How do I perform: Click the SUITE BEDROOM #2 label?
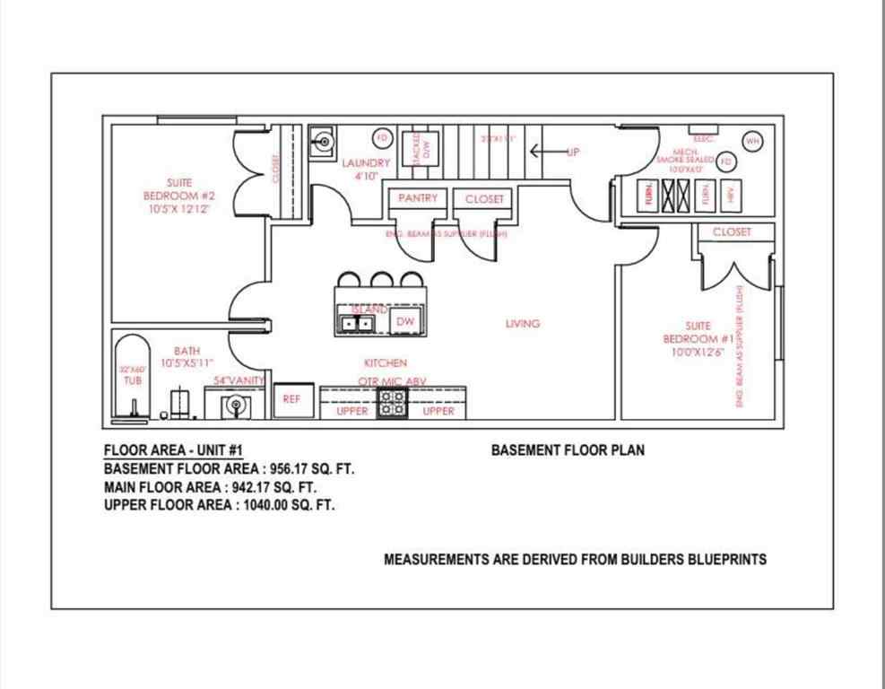coord(179,195)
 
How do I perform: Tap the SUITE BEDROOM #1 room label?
coord(698,338)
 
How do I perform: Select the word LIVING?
coord(522,323)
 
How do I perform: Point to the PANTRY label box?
coord(418,198)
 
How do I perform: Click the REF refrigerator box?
coord(291,400)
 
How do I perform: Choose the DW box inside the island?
coord(404,320)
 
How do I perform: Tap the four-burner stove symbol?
coord(392,405)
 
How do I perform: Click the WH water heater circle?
coord(752,140)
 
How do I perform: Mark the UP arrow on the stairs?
coord(551,151)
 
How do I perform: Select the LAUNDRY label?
coord(366,163)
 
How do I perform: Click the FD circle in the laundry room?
coord(382,137)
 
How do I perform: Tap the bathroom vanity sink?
coord(236,405)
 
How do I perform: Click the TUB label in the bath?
coord(132,379)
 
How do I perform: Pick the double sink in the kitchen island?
coord(356,321)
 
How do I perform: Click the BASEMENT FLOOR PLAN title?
coord(567,450)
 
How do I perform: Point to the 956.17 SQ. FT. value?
coord(304,468)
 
